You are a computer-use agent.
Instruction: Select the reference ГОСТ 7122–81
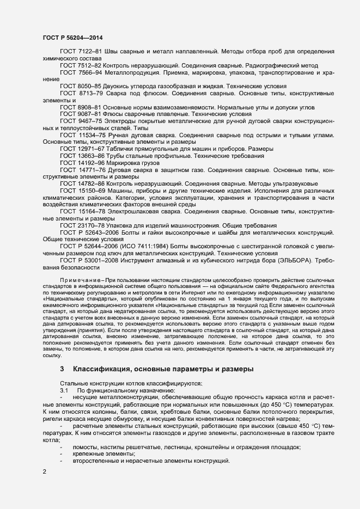[77, 51]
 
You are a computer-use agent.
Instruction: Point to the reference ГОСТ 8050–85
[77, 86]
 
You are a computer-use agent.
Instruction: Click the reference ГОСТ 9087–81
[77, 114]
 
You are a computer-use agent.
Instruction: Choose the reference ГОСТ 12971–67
[79, 149]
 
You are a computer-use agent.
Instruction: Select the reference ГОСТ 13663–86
[79, 156]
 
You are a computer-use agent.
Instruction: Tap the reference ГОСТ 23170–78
[79, 225]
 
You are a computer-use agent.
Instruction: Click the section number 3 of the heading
[62, 369]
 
